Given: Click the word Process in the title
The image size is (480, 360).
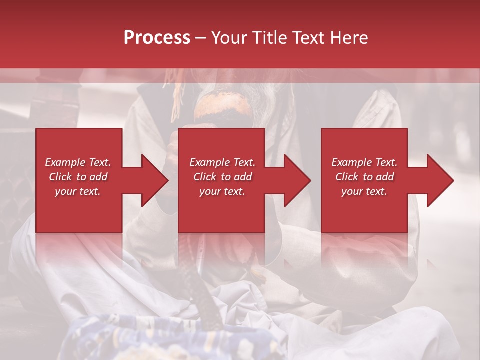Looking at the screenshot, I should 157,38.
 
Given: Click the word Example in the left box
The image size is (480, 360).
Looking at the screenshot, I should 65,162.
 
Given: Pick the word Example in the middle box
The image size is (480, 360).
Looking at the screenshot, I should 209,162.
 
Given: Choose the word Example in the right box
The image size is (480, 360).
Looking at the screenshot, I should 351,162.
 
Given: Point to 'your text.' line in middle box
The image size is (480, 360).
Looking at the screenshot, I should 222,191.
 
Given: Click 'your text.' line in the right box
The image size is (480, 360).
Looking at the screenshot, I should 364,191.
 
